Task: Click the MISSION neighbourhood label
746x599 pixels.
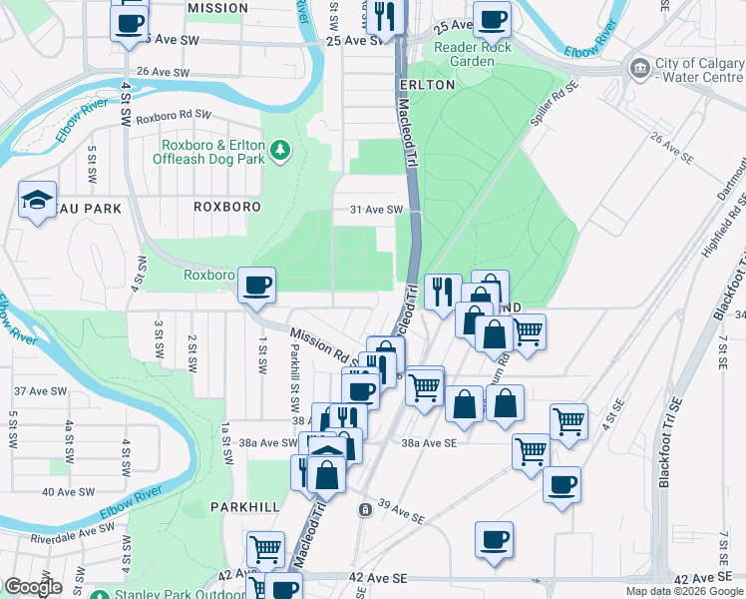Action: click(217, 8)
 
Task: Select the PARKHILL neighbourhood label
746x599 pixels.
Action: click(245, 507)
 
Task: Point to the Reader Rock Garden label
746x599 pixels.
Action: click(473, 54)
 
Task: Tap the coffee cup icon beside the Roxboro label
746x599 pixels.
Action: click(256, 286)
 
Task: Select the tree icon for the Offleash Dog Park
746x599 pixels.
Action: click(282, 150)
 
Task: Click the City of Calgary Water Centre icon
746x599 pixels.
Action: click(638, 68)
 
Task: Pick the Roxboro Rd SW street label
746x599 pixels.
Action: click(176, 116)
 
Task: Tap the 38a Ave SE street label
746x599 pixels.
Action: click(429, 442)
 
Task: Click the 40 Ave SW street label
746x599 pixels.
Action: click(67, 491)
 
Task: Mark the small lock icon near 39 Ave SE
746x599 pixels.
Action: click(366, 509)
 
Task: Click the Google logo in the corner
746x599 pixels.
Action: click(33, 587)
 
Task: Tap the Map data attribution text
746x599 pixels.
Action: click(684, 591)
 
